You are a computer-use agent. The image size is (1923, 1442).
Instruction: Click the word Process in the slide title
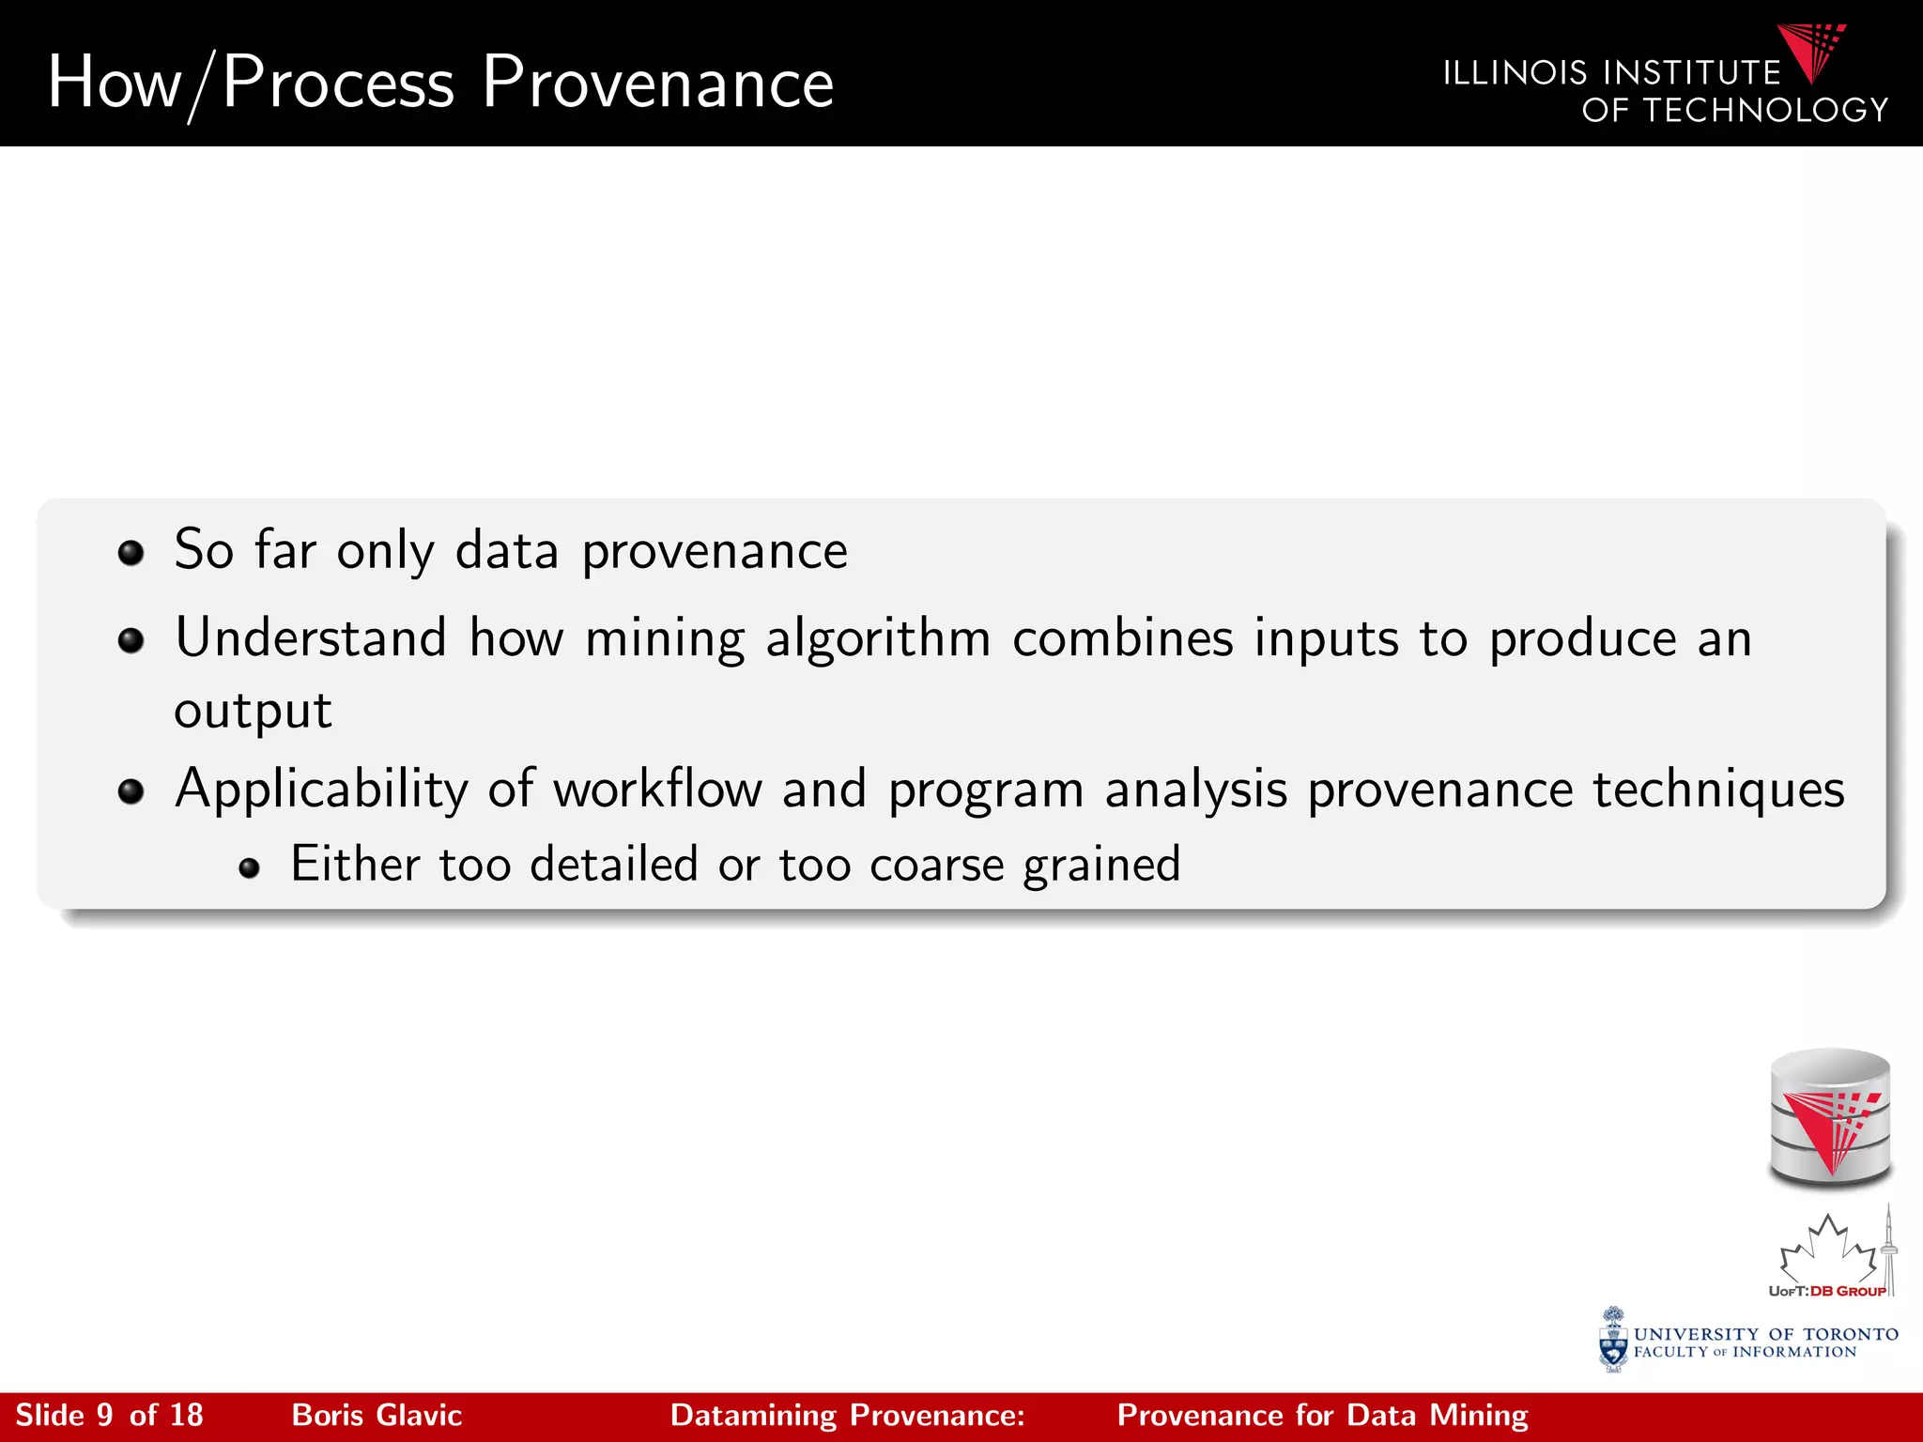(339, 83)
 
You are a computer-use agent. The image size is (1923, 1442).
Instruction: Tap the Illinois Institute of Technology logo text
(1664, 92)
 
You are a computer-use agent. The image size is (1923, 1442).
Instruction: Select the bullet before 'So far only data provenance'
(131, 552)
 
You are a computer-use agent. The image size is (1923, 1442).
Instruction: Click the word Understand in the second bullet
(311, 638)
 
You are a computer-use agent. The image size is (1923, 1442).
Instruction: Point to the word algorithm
(878, 640)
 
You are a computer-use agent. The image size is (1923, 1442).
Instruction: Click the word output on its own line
(253, 712)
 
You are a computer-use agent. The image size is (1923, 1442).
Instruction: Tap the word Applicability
(321, 790)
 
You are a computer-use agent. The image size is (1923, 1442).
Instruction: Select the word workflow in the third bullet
(657, 789)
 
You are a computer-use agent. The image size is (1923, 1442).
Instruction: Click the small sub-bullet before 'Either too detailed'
(249, 867)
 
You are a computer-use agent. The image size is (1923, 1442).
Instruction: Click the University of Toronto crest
(1613, 1341)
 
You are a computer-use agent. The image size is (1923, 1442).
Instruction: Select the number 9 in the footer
(105, 1416)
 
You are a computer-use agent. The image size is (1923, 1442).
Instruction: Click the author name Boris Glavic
(377, 1416)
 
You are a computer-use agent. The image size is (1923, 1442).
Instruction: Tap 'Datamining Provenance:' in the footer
(847, 1416)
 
